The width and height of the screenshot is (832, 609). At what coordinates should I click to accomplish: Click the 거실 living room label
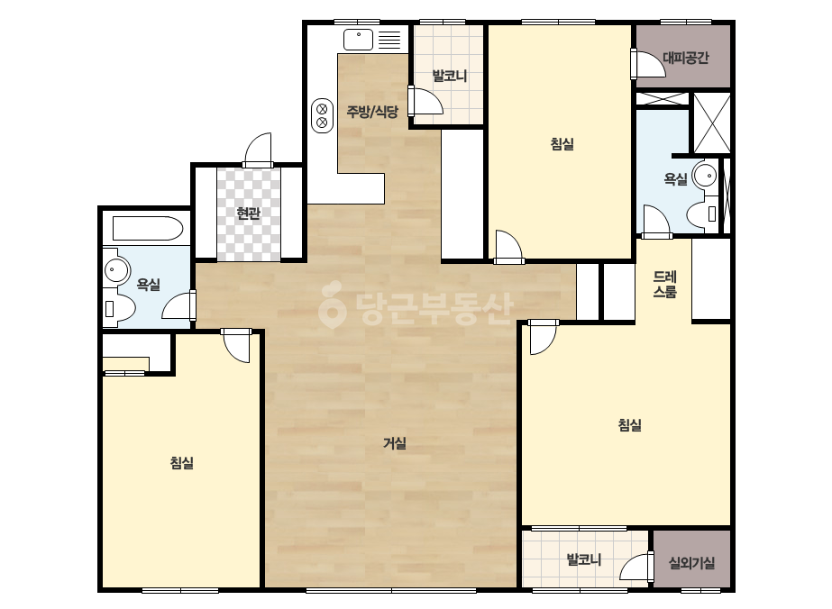pyautogui.click(x=395, y=443)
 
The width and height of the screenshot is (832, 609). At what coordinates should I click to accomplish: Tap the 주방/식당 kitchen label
pyautogui.click(x=372, y=112)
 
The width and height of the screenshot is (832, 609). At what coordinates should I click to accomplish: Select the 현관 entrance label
pyautogui.click(x=248, y=214)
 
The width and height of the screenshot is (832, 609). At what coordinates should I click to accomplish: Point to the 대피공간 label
pyautogui.click(x=686, y=58)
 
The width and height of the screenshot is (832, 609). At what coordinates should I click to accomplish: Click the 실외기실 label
pyautogui.click(x=691, y=562)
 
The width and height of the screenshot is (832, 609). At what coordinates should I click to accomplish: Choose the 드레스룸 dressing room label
pyautogui.click(x=665, y=284)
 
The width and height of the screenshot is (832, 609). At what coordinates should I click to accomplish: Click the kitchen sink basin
pyautogui.click(x=358, y=40)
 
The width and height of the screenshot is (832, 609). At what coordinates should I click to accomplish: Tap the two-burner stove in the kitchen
pyautogui.click(x=322, y=115)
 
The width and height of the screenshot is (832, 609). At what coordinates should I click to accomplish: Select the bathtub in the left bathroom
pyautogui.click(x=148, y=228)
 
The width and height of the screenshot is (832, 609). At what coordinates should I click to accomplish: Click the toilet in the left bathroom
pyautogui.click(x=119, y=308)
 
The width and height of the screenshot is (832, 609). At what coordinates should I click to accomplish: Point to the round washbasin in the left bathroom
pyautogui.click(x=116, y=270)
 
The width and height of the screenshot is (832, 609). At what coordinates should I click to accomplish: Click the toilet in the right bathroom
pyautogui.click(x=702, y=214)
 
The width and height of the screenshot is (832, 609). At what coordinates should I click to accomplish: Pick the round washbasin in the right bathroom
pyautogui.click(x=705, y=175)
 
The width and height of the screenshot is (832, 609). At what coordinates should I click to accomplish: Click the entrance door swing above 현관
pyautogui.click(x=258, y=150)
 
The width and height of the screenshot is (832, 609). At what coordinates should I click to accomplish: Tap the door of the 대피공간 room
pyautogui.click(x=647, y=64)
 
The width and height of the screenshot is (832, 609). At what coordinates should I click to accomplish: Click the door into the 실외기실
pyautogui.click(x=636, y=567)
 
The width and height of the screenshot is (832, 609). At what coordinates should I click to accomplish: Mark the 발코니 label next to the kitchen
pyautogui.click(x=450, y=76)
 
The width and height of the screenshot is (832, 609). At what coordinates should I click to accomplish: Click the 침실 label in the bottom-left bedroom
pyautogui.click(x=181, y=462)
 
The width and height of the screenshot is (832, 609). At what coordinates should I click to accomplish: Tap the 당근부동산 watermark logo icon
pyautogui.click(x=332, y=305)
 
